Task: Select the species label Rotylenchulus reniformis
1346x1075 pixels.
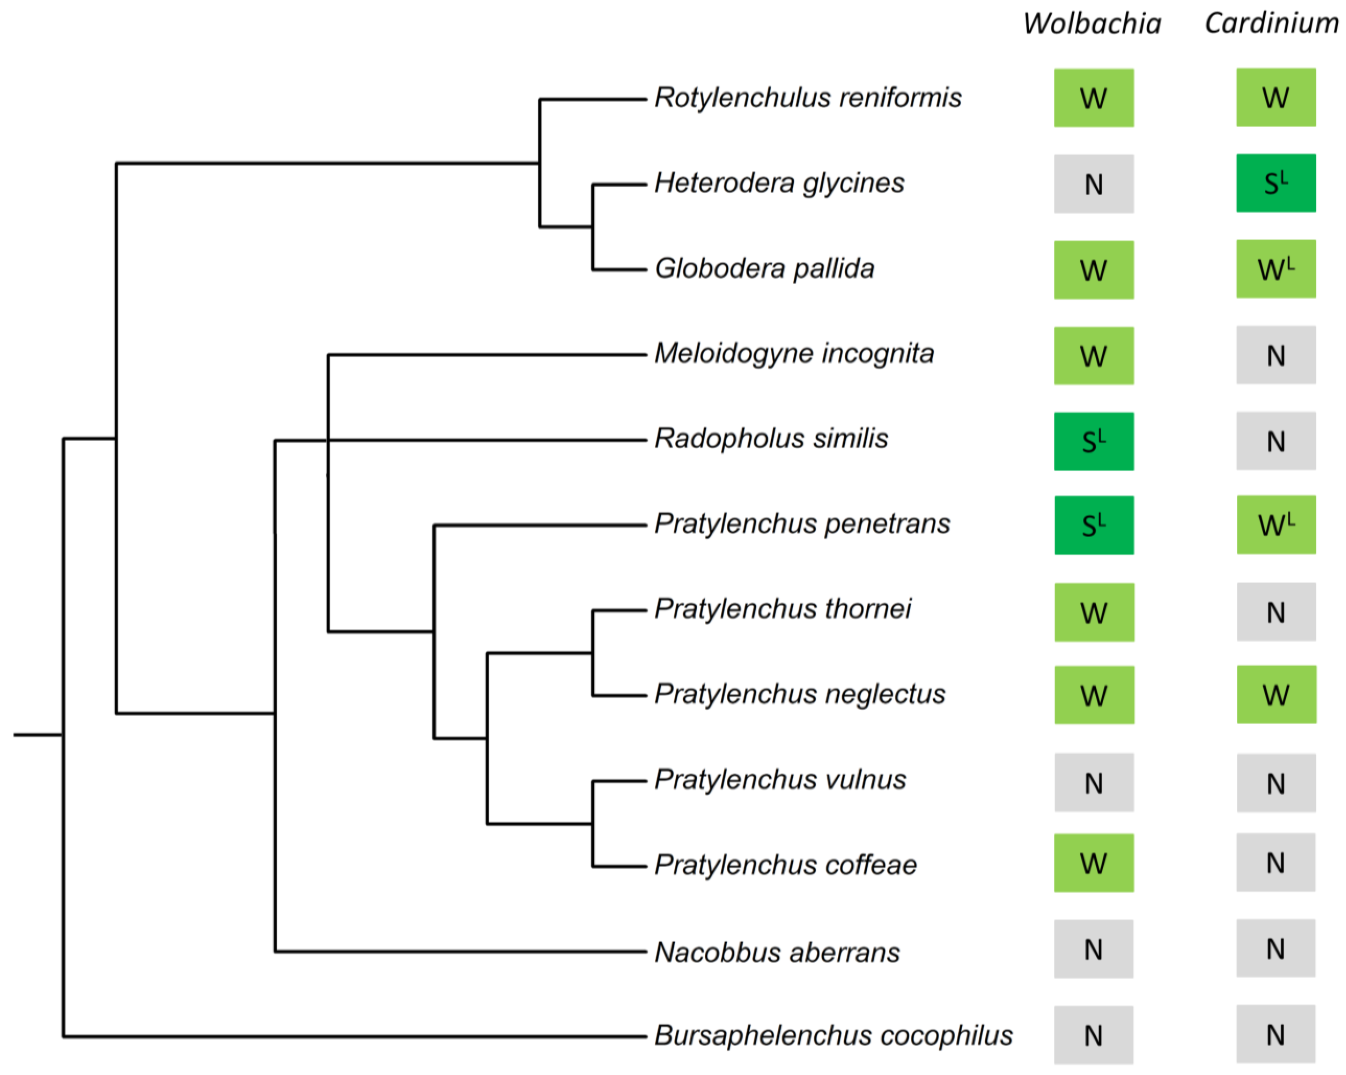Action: [x=808, y=98]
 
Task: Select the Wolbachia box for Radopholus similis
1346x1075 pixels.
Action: [x=1094, y=441]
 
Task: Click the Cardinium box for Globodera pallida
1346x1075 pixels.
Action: [x=1276, y=269]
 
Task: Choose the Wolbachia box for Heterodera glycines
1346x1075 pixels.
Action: [x=1094, y=184]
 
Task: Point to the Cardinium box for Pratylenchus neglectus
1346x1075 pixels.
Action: [x=1276, y=695]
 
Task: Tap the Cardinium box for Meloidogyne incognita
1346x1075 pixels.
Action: [x=1276, y=355]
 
